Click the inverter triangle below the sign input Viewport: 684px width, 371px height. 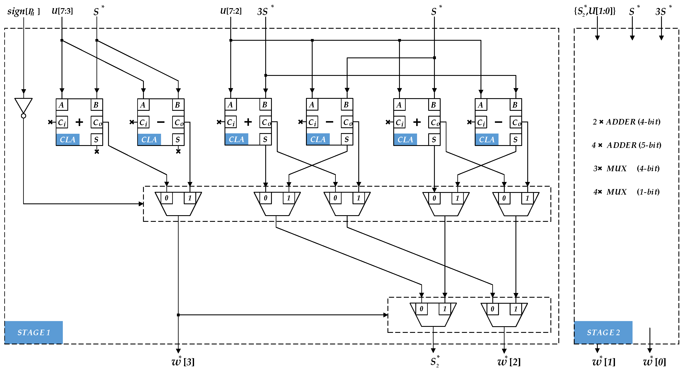tap(23, 105)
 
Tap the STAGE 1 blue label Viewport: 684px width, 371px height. tap(34, 332)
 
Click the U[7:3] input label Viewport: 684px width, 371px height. tap(62, 11)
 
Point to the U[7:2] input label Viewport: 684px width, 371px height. tap(231, 11)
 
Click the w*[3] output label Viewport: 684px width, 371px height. tap(183, 361)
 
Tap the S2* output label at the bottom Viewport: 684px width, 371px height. tap(435, 361)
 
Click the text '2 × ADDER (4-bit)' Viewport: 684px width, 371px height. tap(626, 122)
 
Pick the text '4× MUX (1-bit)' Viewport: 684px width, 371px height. tap(626, 192)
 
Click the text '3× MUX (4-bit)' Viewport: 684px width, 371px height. tap(626, 168)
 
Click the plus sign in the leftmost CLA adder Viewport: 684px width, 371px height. tap(79, 122)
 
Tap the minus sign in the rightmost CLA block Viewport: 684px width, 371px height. tap(498, 122)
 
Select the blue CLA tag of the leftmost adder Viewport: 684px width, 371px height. tap(68, 139)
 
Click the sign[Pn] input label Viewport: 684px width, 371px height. tap(23, 11)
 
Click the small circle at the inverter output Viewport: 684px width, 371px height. tap(23, 116)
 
